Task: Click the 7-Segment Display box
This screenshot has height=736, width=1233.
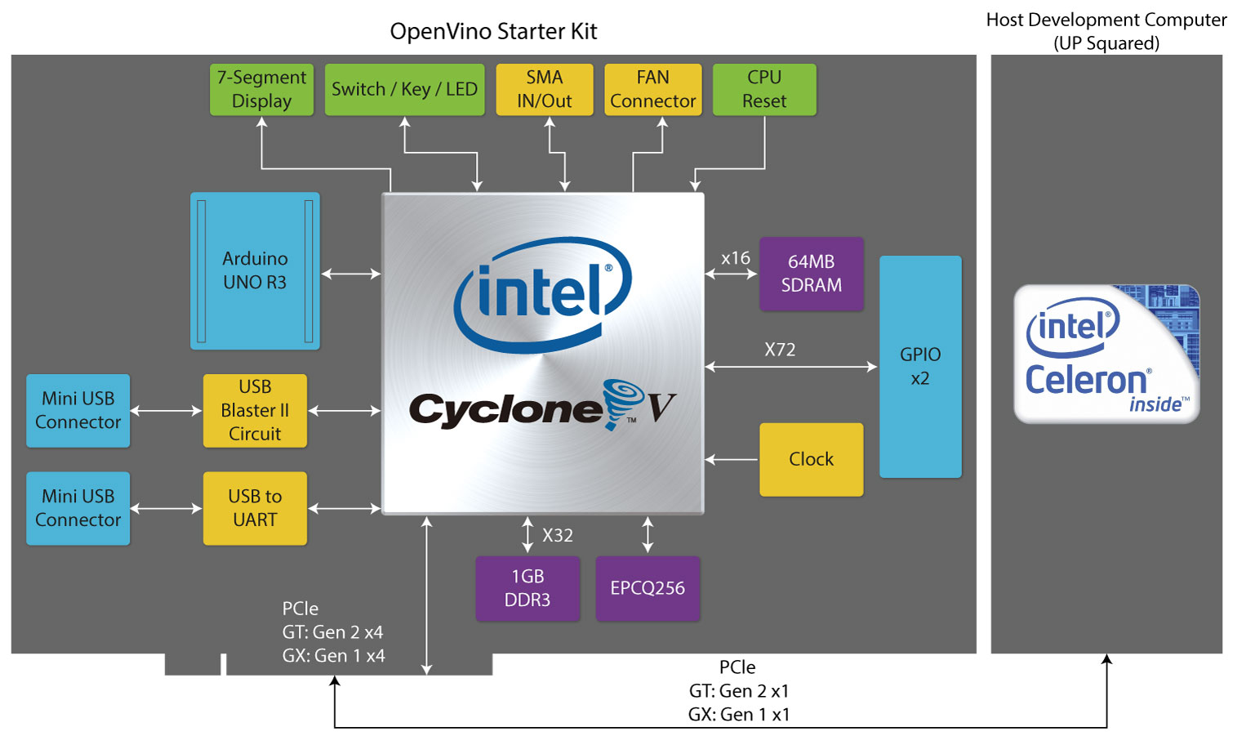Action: (x=261, y=89)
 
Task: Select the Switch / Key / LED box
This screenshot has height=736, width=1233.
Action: (x=404, y=89)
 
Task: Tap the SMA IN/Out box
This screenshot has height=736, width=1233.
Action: (x=545, y=89)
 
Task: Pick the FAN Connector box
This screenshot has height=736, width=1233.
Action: (x=652, y=89)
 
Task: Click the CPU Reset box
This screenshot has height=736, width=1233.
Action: (x=764, y=89)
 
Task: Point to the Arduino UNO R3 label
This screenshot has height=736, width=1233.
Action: (x=255, y=270)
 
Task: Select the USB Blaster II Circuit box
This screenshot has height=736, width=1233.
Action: (x=255, y=411)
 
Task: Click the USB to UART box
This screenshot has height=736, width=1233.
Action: (x=255, y=508)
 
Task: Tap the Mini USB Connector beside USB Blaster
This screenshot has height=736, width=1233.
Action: (x=78, y=411)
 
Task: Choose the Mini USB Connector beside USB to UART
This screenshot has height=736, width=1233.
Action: (x=78, y=508)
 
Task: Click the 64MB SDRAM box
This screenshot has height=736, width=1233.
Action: (x=812, y=274)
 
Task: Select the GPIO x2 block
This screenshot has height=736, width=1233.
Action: (x=920, y=367)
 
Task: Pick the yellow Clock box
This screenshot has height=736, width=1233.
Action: (x=812, y=460)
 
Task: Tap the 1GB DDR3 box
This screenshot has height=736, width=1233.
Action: (x=527, y=588)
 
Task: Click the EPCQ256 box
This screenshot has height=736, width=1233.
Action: (x=648, y=588)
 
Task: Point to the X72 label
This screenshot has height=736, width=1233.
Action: (x=780, y=350)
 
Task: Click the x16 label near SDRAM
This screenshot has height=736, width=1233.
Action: (x=736, y=258)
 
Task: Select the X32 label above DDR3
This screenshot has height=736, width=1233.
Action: (x=558, y=535)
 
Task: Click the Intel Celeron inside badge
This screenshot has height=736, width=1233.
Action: (x=1107, y=354)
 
